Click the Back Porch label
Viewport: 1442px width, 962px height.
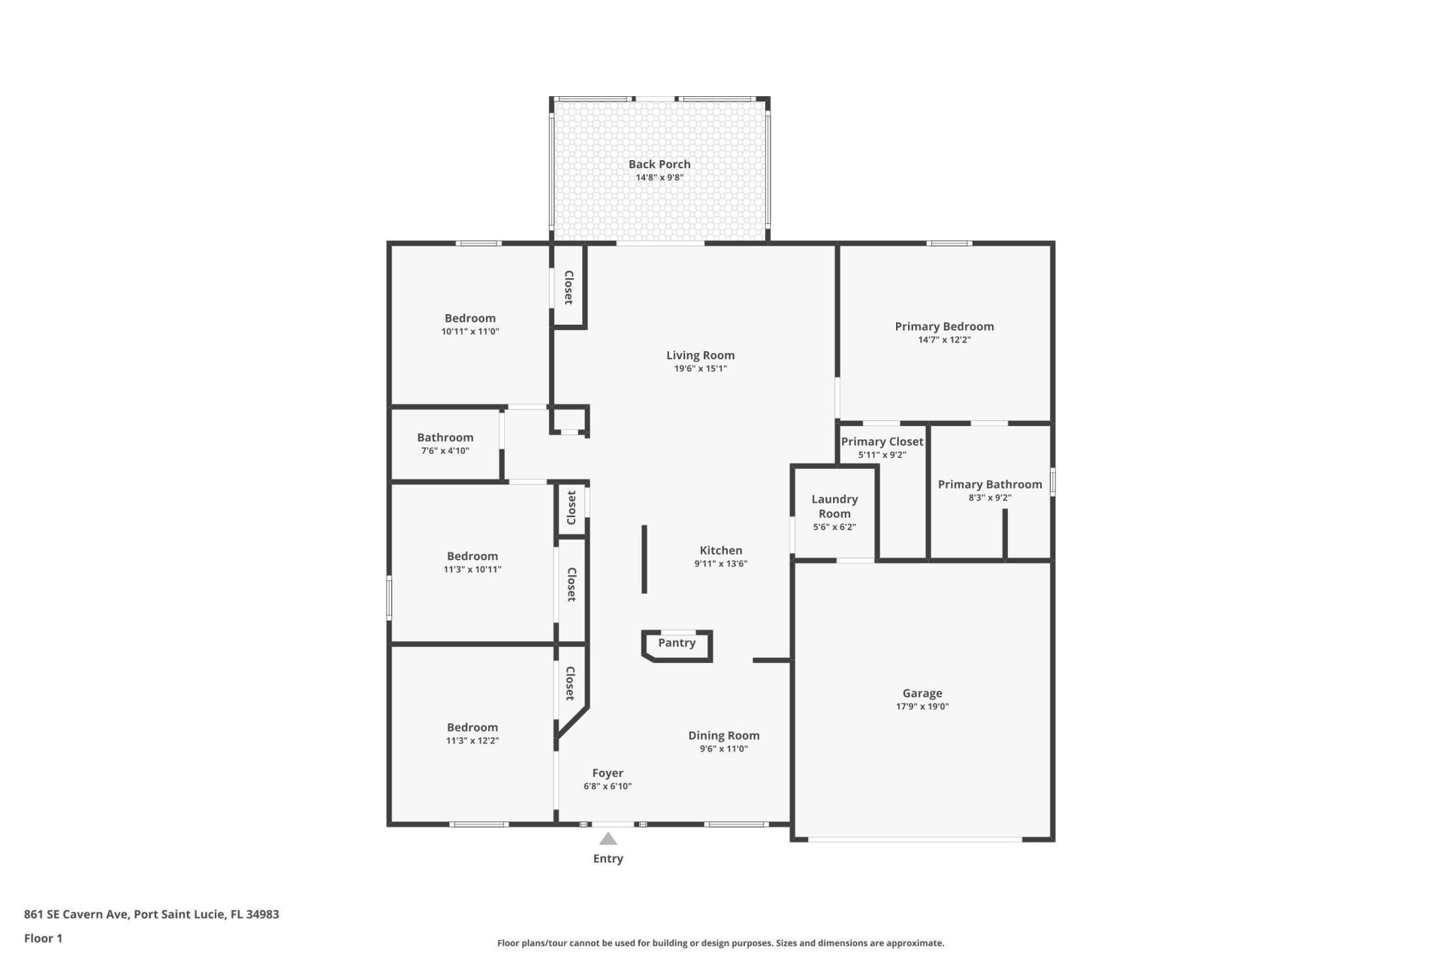point(659,164)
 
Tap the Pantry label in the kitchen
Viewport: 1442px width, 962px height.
point(677,643)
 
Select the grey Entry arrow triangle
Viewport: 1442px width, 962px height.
point(608,839)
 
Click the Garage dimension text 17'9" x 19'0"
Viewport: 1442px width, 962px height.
point(922,706)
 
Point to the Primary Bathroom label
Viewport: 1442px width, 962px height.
point(990,484)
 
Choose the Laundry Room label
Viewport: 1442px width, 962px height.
point(834,506)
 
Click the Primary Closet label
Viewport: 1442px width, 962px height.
point(882,441)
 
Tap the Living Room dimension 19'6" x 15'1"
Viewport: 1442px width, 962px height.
point(700,368)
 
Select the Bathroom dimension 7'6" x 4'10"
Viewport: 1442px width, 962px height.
point(445,451)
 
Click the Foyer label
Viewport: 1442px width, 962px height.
point(608,773)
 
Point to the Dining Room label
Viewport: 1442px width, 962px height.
point(724,735)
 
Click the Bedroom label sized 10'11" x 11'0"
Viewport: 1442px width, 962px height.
point(470,318)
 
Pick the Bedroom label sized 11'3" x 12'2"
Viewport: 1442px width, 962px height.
point(472,727)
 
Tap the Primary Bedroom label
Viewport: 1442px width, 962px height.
point(944,326)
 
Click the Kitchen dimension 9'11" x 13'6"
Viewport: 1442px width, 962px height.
point(721,564)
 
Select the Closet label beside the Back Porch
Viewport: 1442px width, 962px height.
point(569,287)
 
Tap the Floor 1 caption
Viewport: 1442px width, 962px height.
point(43,938)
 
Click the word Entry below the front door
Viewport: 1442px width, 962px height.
point(608,858)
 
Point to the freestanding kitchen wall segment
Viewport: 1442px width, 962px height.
point(644,558)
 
